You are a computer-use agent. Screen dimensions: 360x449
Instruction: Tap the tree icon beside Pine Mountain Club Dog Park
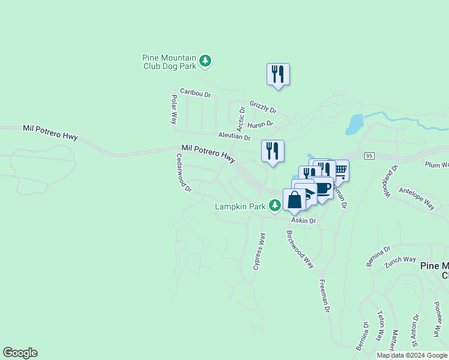click(x=206, y=60)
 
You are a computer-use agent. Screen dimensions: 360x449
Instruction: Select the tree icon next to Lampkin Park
click(x=275, y=206)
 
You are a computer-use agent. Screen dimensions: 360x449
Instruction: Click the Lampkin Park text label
click(x=240, y=207)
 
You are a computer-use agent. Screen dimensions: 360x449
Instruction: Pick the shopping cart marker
click(x=340, y=170)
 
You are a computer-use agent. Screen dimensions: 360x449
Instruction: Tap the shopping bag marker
click(x=295, y=200)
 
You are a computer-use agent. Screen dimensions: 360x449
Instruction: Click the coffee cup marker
click(x=323, y=188)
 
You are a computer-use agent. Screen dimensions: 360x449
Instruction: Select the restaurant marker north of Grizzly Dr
click(x=278, y=74)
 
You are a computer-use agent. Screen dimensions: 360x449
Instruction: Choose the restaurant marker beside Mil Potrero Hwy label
click(x=273, y=151)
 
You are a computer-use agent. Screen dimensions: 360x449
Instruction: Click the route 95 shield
click(x=369, y=156)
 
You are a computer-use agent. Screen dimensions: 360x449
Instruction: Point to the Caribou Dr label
click(x=196, y=94)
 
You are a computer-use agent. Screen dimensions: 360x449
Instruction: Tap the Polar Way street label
click(x=173, y=109)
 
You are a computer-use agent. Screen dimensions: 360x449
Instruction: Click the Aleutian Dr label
click(x=234, y=137)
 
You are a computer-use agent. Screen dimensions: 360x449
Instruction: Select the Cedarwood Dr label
click(x=183, y=172)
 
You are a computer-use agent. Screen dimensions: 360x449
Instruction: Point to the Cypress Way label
click(x=259, y=251)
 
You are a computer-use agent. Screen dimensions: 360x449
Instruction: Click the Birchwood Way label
click(x=300, y=249)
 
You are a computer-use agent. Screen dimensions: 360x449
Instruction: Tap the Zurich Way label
click(x=401, y=259)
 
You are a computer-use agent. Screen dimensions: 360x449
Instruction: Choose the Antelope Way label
click(x=417, y=197)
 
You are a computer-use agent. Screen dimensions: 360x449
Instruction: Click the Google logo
click(x=20, y=353)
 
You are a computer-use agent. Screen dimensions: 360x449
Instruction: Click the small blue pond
click(x=354, y=124)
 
